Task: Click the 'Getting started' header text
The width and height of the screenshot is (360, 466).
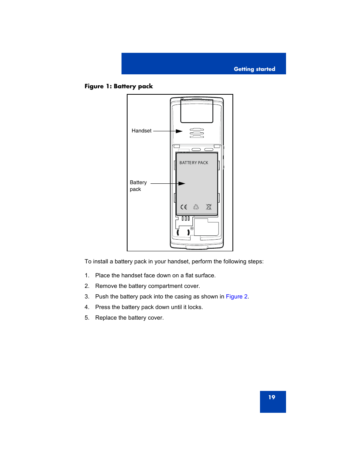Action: (x=254, y=69)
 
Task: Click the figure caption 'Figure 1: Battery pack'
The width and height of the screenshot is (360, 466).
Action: (x=118, y=86)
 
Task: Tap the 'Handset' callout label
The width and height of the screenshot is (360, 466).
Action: (x=142, y=131)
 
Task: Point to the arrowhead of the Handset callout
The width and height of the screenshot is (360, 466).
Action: (x=179, y=131)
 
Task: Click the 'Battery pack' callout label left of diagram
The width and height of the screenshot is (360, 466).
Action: (x=138, y=186)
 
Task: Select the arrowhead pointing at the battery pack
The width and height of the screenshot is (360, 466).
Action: (x=182, y=184)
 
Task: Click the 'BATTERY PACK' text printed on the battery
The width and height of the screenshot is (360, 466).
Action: (x=194, y=163)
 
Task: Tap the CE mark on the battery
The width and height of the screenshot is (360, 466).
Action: (x=184, y=207)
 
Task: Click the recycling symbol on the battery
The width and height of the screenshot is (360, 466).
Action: (x=196, y=207)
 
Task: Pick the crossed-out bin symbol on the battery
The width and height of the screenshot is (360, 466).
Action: (x=209, y=207)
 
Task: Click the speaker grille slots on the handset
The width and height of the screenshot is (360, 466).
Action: (x=197, y=133)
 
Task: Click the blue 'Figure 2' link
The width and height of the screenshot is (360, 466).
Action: (x=237, y=297)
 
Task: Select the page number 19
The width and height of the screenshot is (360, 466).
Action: (x=272, y=397)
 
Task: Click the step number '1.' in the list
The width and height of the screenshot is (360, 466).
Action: (x=87, y=275)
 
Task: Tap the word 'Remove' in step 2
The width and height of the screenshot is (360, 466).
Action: (x=106, y=286)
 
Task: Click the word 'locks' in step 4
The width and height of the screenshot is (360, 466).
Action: (x=195, y=307)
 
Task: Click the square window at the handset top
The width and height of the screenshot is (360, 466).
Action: (x=197, y=111)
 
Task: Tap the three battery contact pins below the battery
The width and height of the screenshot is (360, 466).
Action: (x=185, y=218)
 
